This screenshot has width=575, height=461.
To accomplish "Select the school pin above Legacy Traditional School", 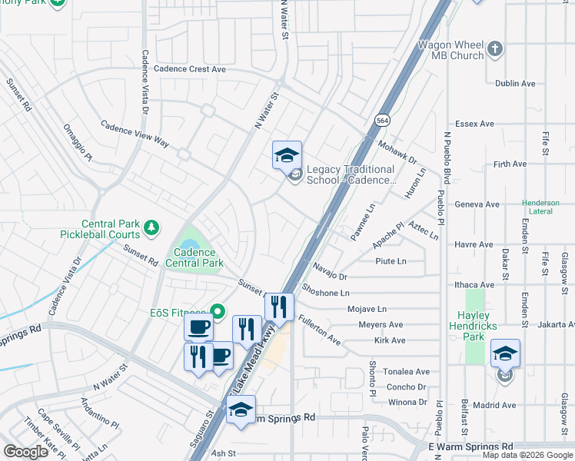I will pos(287,155).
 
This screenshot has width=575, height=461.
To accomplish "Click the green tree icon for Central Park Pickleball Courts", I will pos(152,227).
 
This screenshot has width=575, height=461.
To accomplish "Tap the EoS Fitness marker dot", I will pos(217,311).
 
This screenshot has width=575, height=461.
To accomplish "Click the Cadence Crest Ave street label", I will pos(189,69).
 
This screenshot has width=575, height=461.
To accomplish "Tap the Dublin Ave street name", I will pos(515,84).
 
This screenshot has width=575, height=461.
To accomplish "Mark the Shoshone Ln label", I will pos(326,293).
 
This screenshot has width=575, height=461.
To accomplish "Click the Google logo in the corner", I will pos(25,452).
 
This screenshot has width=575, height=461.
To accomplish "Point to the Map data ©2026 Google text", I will pos(527,455).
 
